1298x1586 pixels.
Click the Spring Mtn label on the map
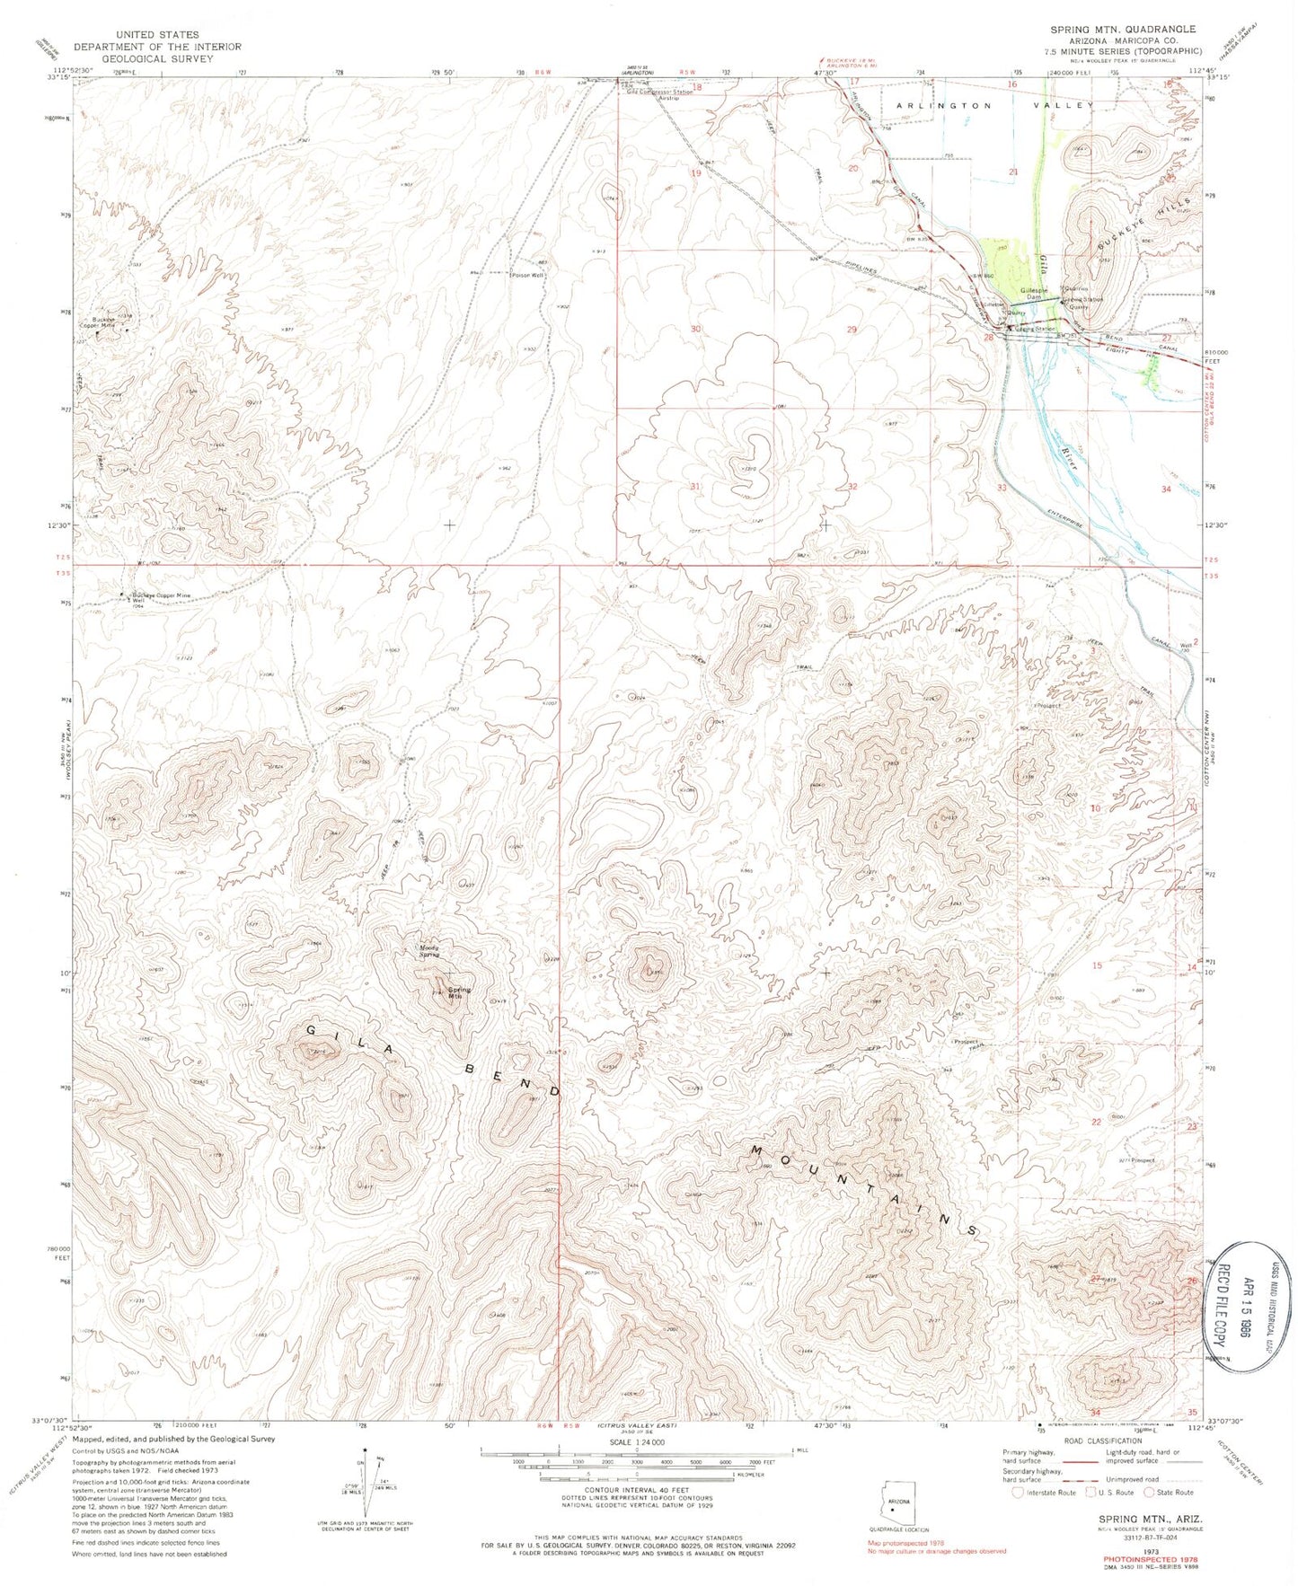(460, 993)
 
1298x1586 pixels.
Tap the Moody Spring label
(429, 949)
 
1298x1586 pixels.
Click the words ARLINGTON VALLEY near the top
(995, 105)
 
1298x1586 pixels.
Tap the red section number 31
(694, 486)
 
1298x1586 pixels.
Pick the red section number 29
(852, 330)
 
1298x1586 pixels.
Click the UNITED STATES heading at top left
(144, 35)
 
